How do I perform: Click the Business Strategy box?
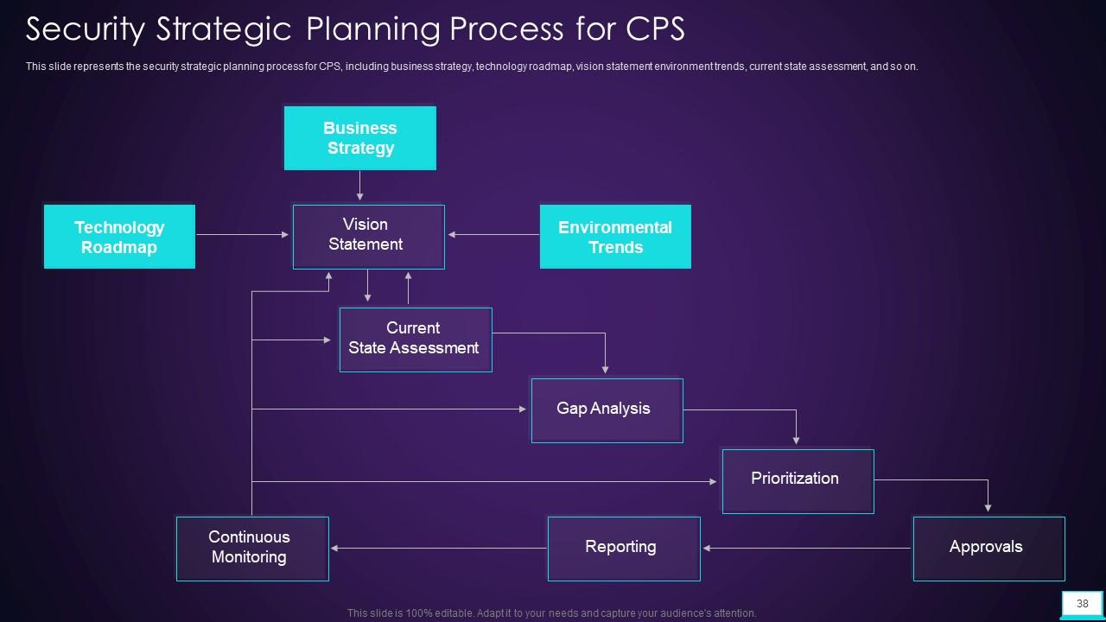pos(359,138)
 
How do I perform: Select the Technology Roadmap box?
pos(119,237)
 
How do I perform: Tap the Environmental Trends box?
pos(615,237)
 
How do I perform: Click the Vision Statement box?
pos(368,236)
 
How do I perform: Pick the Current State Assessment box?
pos(415,339)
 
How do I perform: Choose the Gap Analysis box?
pos(607,409)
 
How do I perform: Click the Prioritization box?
pos(797,480)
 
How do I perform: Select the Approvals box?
pos(988,548)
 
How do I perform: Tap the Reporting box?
pos(623,548)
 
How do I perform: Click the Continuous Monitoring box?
pos(251,548)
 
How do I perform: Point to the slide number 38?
pos(1082,604)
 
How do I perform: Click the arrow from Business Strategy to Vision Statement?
pos(360,186)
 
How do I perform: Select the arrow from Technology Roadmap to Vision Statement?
pos(243,234)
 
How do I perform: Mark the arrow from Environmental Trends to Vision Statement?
pos(493,234)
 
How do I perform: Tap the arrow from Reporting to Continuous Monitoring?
pos(438,548)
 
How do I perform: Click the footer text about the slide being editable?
pos(551,613)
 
